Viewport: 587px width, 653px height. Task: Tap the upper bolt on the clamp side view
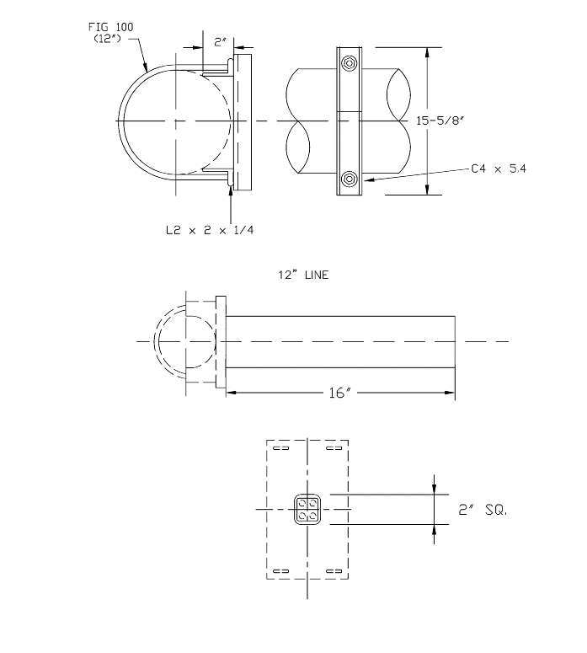(x=350, y=64)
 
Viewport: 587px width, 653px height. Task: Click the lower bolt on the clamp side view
(x=350, y=179)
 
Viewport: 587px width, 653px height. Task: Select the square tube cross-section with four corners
(x=307, y=510)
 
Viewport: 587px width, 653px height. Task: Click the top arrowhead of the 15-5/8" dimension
(x=430, y=51)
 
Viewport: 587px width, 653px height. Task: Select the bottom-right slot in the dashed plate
(x=334, y=571)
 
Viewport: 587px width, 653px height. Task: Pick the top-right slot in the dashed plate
(x=334, y=449)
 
